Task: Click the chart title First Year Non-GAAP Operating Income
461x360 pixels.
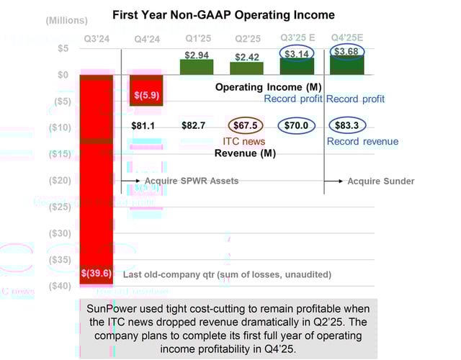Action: pos(223,15)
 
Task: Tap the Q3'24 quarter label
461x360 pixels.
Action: pos(97,39)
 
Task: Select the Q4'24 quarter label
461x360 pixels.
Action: pos(147,39)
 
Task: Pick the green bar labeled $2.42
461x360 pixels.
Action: pos(246,68)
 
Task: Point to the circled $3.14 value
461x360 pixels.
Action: pos(297,54)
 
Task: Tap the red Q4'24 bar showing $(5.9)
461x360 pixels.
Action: pos(147,94)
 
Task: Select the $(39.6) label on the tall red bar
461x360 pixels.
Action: pos(95,274)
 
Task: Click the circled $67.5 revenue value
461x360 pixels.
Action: pos(246,125)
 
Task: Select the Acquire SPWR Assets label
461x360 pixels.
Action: pos(192,181)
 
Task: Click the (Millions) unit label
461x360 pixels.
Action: pos(66,21)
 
